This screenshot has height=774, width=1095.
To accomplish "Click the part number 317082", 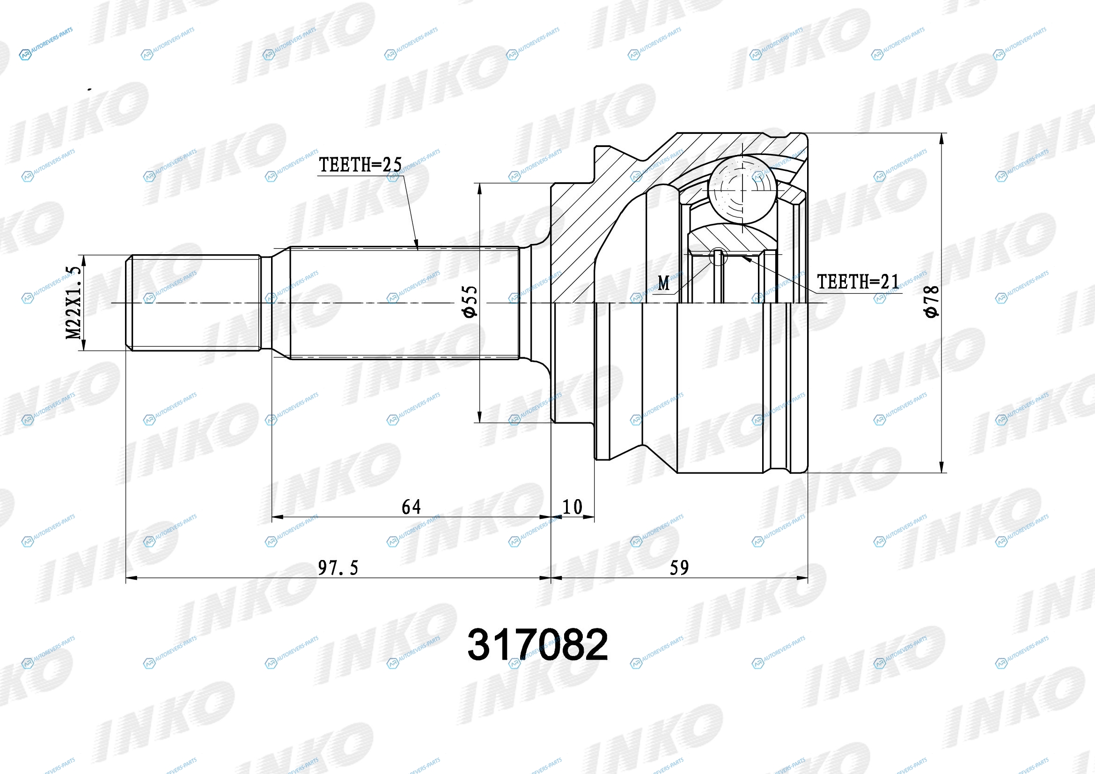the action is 537,645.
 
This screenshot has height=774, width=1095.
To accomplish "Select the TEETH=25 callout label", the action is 360,165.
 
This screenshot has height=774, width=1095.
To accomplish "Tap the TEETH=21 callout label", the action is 859,282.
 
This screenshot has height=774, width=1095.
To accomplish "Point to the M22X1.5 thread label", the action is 74,303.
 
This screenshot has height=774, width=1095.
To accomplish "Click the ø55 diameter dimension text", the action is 469,302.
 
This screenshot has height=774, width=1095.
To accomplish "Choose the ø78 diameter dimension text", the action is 931,302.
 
